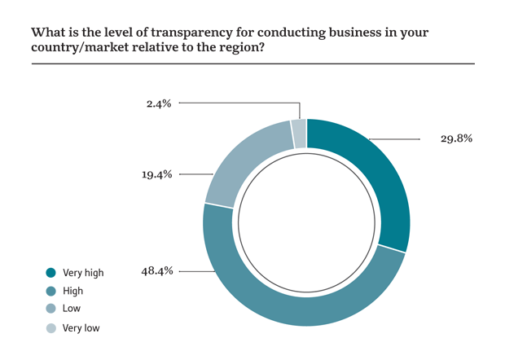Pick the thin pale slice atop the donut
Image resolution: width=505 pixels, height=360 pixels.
tap(299, 133)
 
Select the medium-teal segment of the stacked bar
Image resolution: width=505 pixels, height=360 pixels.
tap(45, 291)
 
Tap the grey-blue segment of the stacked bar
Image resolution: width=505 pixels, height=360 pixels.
tap(45, 309)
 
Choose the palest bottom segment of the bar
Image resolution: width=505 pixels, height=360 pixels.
tap(45, 326)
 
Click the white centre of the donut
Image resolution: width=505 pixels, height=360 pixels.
tap(306, 222)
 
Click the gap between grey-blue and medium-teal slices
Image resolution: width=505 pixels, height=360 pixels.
tap(219, 204)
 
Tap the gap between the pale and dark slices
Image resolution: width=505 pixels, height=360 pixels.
tap(307, 133)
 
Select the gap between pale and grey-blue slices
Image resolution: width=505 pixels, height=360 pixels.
tap(291, 134)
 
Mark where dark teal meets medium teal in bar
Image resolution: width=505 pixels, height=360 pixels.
tap(45, 282)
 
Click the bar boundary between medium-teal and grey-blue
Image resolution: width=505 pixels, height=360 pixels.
tap(45, 300)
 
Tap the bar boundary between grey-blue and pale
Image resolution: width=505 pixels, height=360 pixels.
tap(45, 318)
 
